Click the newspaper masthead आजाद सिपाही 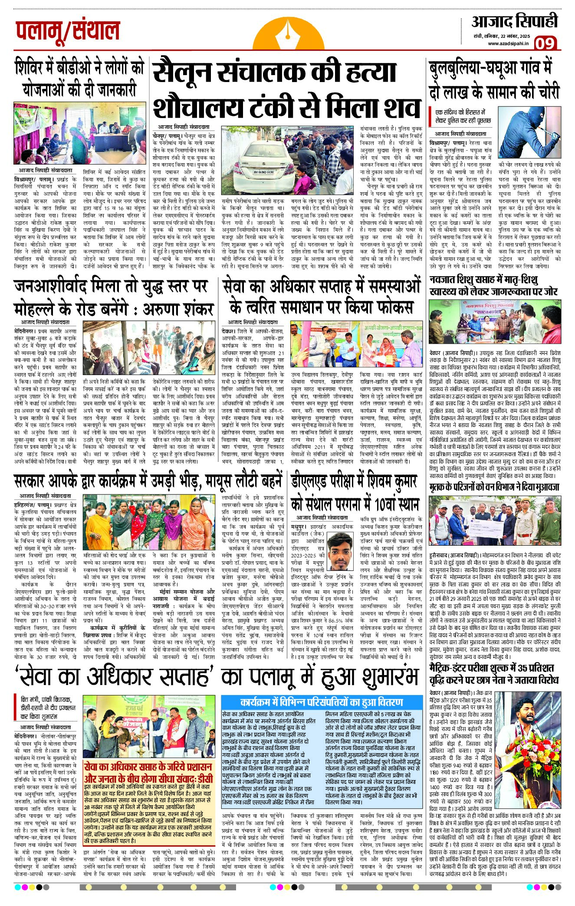click(514, 21)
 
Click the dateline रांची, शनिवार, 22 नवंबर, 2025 click(500, 36)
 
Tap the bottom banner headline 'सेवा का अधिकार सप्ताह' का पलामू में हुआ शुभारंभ click(217, 676)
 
